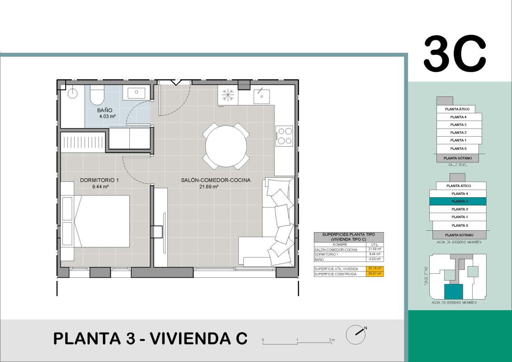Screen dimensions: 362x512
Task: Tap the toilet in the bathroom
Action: [97, 95]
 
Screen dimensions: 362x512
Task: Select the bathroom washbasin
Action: [136, 93]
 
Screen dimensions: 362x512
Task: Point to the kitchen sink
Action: [261, 95]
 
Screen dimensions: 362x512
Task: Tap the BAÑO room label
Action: [104, 110]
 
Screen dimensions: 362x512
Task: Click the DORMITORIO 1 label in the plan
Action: [99, 180]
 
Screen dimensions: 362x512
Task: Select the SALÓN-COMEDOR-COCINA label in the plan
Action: [216, 180]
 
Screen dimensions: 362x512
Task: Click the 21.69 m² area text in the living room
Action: [209, 186]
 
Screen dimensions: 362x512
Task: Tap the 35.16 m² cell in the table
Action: [375, 269]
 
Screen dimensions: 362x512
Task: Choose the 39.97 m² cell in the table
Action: [375, 274]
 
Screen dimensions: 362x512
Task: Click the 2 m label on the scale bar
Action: [332, 339]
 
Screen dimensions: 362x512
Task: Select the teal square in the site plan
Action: [454, 292]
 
